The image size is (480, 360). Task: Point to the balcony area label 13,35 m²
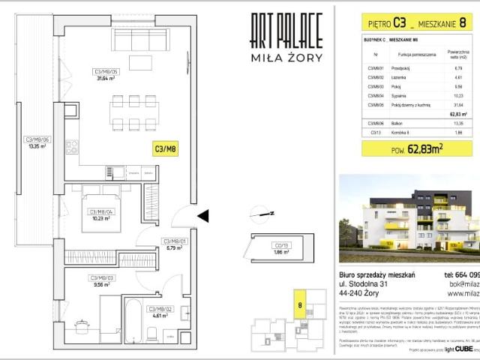[37, 143]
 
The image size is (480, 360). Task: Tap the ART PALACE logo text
[286, 31]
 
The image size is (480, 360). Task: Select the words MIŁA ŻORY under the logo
[286, 58]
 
